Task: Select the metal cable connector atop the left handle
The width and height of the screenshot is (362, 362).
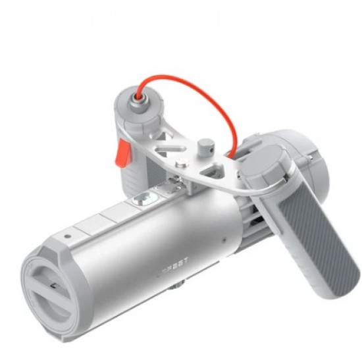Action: tap(139, 98)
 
